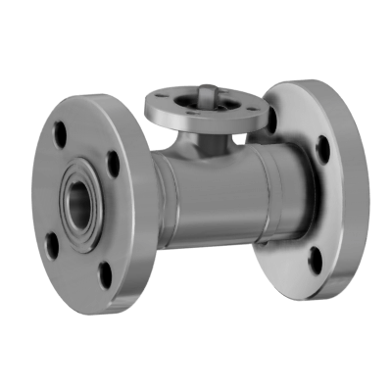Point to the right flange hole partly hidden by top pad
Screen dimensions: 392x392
click(271, 122)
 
